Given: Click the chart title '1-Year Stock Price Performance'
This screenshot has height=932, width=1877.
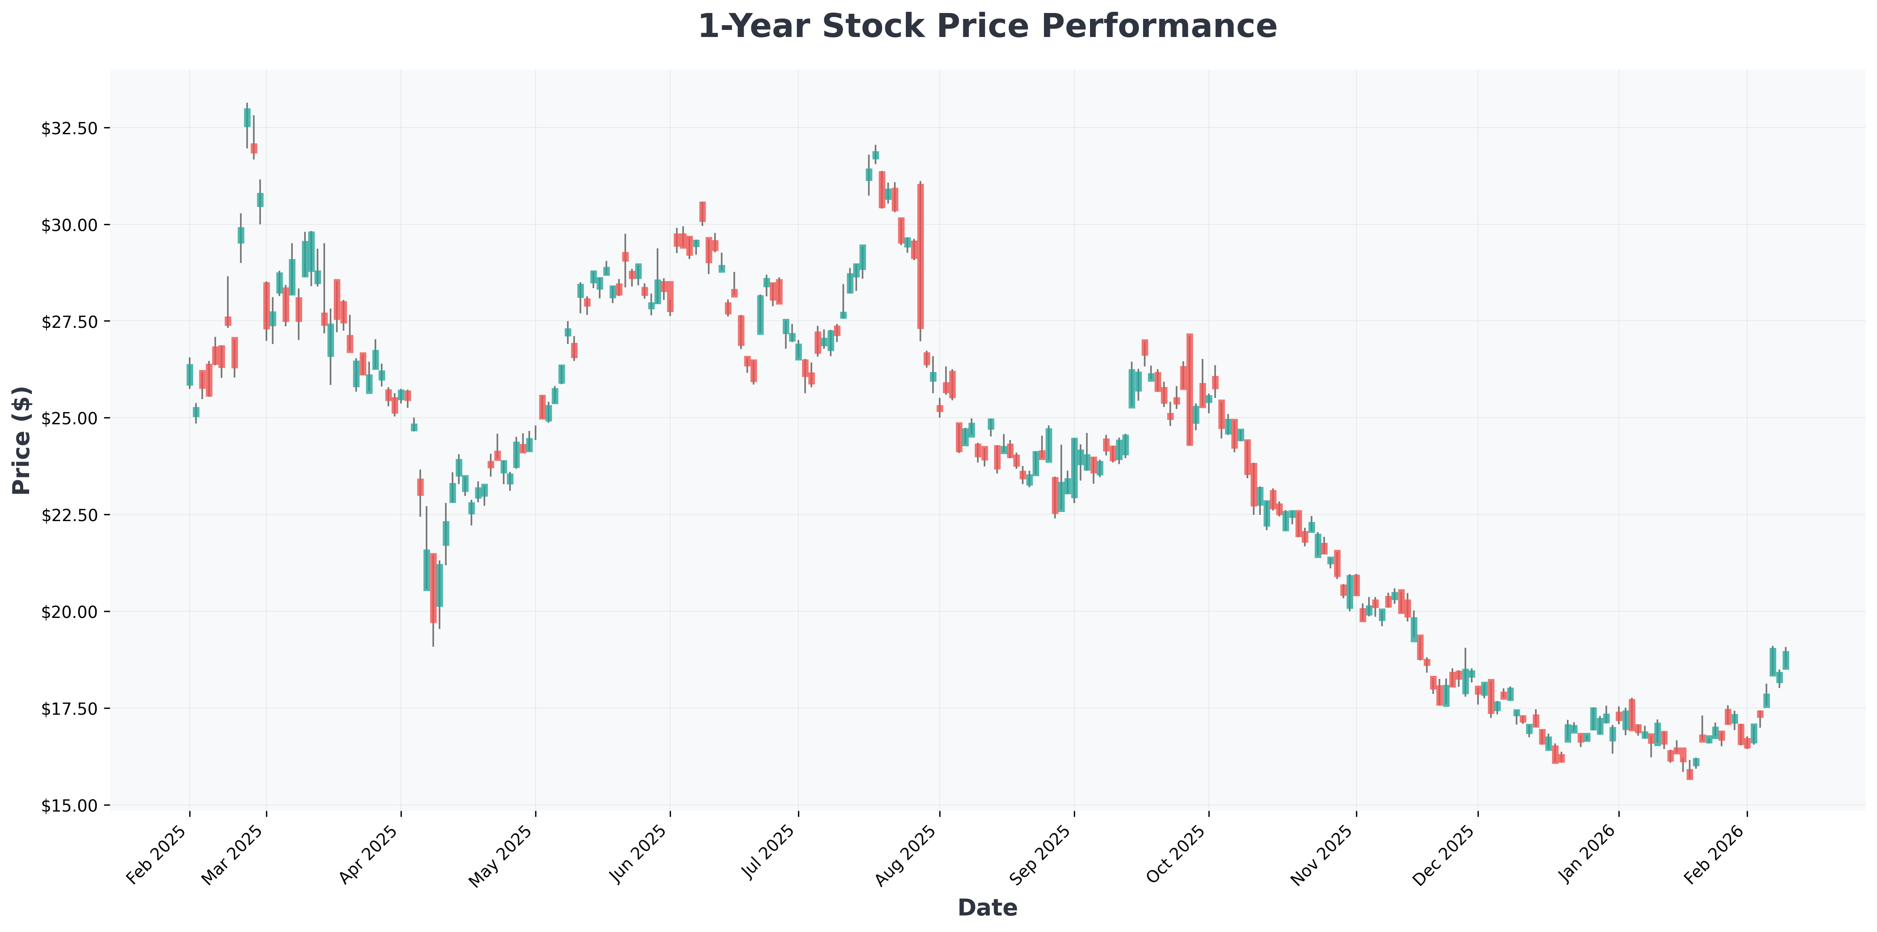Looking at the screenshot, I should click(987, 26).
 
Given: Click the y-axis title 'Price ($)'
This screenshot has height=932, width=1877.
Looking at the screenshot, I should click(22, 440).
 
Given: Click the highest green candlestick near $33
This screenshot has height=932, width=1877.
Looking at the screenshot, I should click(247, 117).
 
